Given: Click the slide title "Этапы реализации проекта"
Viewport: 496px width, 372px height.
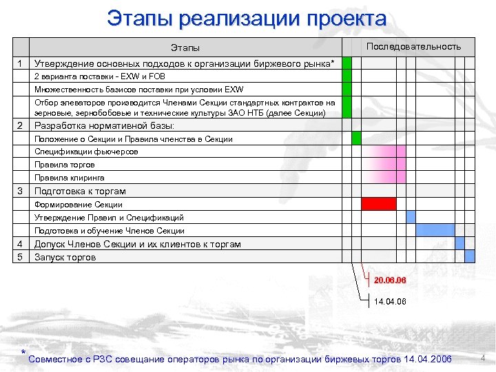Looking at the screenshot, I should [x=247, y=19].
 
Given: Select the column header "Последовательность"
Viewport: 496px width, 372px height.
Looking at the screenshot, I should [x=413, y=46].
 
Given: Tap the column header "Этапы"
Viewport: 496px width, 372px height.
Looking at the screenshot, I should [x=185, y=48].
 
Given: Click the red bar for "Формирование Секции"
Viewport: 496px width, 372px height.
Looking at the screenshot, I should [x=379, y=204].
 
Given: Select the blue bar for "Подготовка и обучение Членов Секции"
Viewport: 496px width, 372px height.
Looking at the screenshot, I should [x=435, y=230].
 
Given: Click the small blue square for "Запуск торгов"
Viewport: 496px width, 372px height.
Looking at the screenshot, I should [x=470, y=256].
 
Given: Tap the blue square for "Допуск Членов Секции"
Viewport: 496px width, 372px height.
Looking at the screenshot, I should [x=460, y=243].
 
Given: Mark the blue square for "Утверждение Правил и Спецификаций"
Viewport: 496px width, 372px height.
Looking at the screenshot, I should [x=411, y=217].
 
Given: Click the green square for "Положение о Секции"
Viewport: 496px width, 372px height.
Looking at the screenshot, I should [x=356, y=138].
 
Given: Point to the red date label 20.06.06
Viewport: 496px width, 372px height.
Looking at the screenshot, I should [x=390, y=281].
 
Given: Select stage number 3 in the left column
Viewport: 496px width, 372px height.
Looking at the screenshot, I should [x=21, y=191].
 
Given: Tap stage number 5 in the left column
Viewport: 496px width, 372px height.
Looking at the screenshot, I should [x=21, y=257].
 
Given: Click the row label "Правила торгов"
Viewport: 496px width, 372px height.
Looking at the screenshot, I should [x=65, y=165].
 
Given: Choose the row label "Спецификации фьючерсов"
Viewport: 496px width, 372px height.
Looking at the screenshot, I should [x=86, y=152].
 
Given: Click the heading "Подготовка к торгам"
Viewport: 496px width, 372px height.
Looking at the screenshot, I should [x=80, y=191].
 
